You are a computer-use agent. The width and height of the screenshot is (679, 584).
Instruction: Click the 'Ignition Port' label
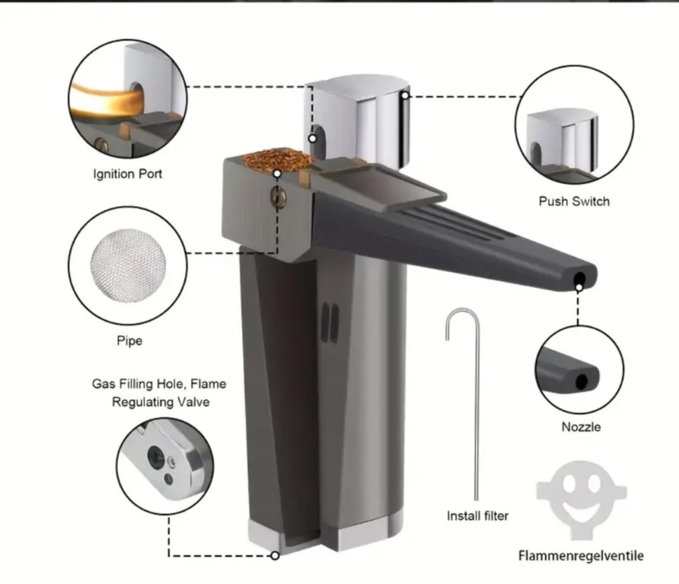coord(127,175)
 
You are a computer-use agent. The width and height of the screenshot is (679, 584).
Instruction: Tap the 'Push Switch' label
coord(573,201)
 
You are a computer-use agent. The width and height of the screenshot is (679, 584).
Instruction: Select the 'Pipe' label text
coord(130,340)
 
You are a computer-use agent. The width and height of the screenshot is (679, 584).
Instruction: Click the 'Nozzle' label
coord(581,427)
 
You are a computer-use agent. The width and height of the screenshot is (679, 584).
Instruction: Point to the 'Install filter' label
coord(477,516)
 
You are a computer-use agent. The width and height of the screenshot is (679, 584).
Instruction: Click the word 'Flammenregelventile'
coord(581,555)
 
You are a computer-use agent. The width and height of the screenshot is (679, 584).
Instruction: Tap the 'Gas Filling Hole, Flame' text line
coord(159,384)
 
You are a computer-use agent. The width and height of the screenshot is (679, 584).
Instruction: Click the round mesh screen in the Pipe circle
coord(128,264)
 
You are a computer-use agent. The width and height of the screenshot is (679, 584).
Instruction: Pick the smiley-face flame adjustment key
coord(581,499)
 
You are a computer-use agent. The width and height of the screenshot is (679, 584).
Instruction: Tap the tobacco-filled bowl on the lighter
coord(277,160)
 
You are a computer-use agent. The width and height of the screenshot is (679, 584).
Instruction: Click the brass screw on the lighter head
coord(278,197)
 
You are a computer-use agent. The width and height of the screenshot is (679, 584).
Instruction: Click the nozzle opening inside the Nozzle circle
coord(582,381)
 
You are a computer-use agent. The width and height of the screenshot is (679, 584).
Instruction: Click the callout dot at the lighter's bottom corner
coord(275,556)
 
